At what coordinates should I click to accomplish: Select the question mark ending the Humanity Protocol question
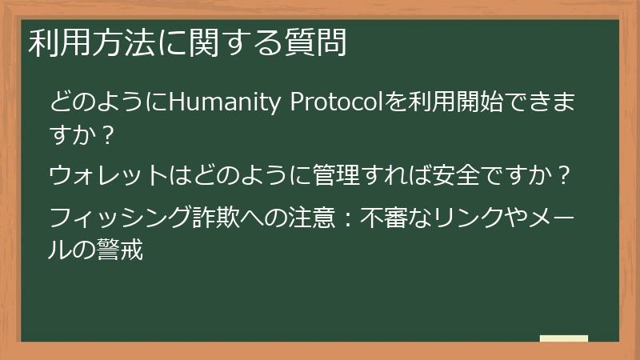click(x=110, y=135)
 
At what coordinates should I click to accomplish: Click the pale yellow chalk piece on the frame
click(x=564, y=339)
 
